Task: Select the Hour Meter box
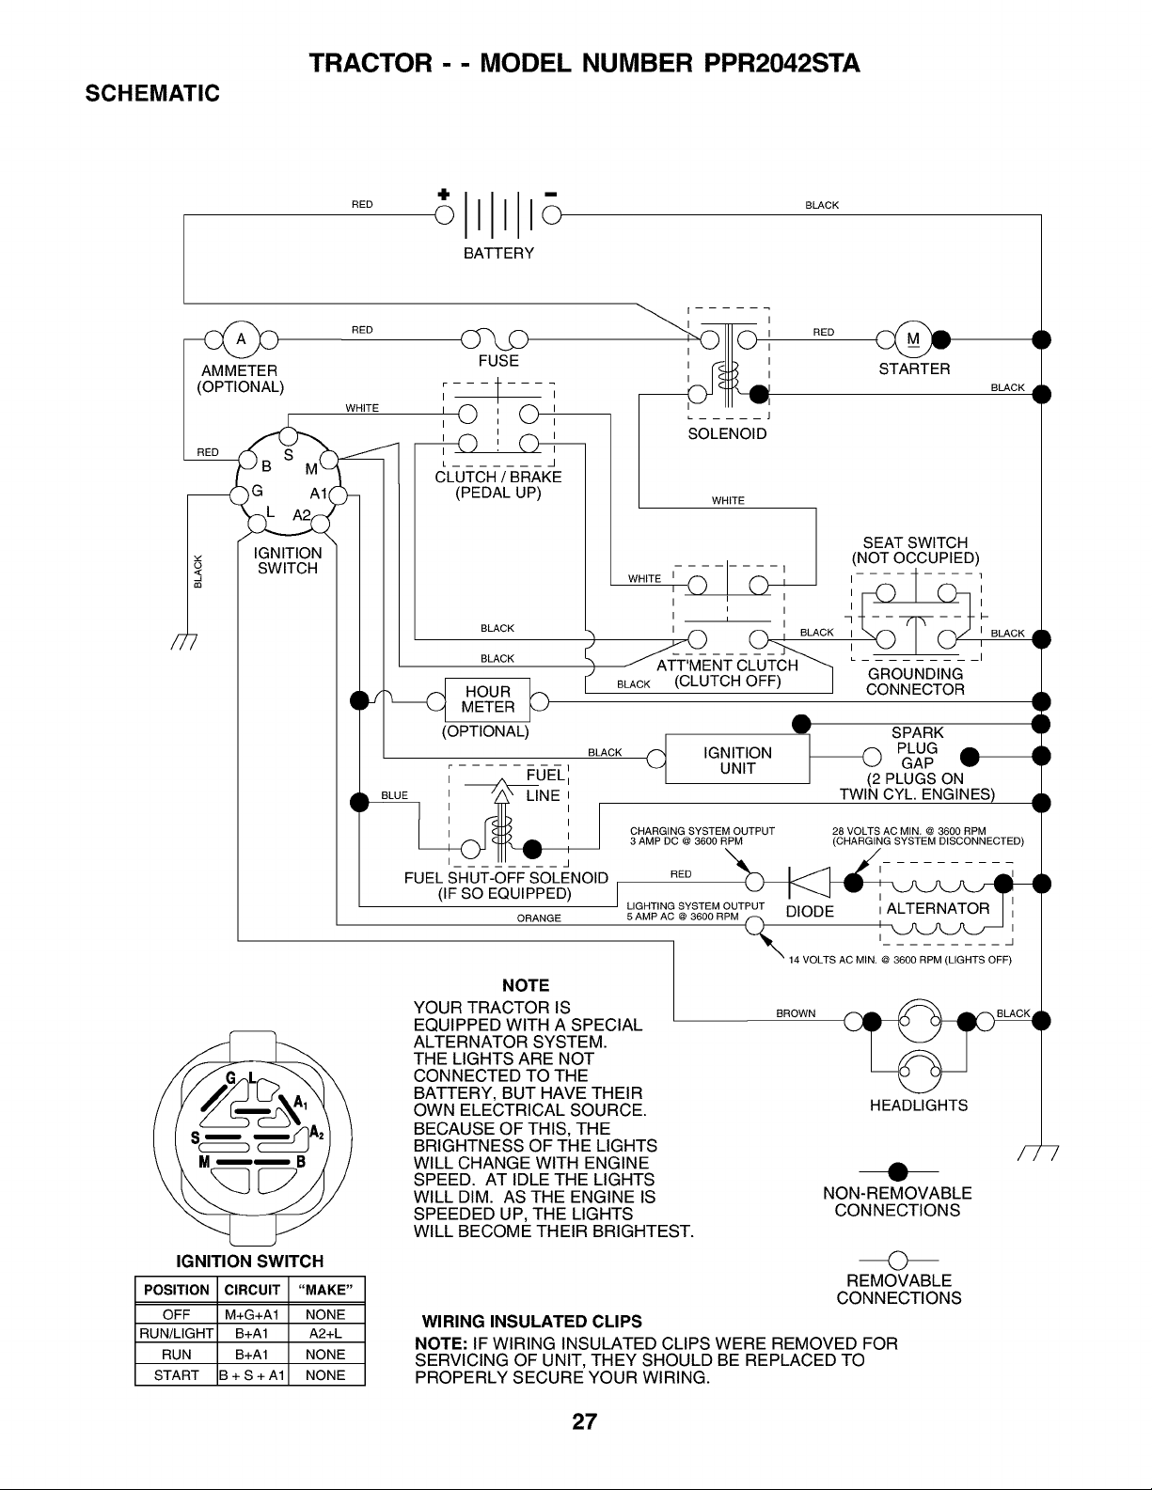click(487, 700)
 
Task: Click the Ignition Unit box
click(737, 759)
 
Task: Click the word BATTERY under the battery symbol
click(498, 254)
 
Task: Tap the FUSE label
click(498, 361)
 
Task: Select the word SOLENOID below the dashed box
click(728, 434)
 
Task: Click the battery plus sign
click(444, 194)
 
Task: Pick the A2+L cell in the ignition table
click(325, 1334)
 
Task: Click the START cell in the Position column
click(176, 1374)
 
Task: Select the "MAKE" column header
click(325, 1290)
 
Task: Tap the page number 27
click(584, 1421)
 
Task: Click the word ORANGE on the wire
click(539, 918)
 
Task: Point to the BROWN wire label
click(796, 1013)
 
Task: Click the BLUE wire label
click(394, 795)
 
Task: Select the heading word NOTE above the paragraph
click(526, 985)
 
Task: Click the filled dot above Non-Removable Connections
click(897, 1172)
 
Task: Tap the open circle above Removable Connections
click(897, 1261)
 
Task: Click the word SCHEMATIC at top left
click(152, 93)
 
